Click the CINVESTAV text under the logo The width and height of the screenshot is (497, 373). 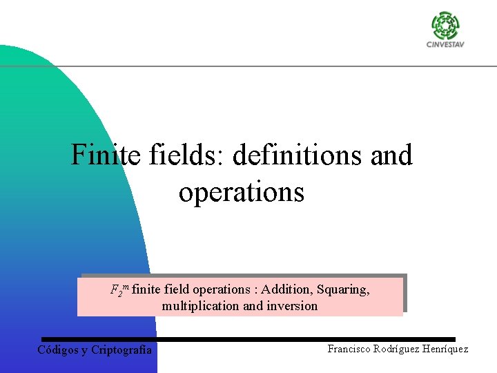445,46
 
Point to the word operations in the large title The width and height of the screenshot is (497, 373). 241,191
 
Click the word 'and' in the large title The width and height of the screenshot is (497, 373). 391,155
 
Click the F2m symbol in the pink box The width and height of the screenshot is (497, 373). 119,289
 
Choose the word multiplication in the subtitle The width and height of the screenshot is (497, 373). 200,306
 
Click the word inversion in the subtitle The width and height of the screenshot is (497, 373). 293,306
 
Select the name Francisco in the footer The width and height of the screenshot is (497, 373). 349,349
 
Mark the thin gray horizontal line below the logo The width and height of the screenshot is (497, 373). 276,66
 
